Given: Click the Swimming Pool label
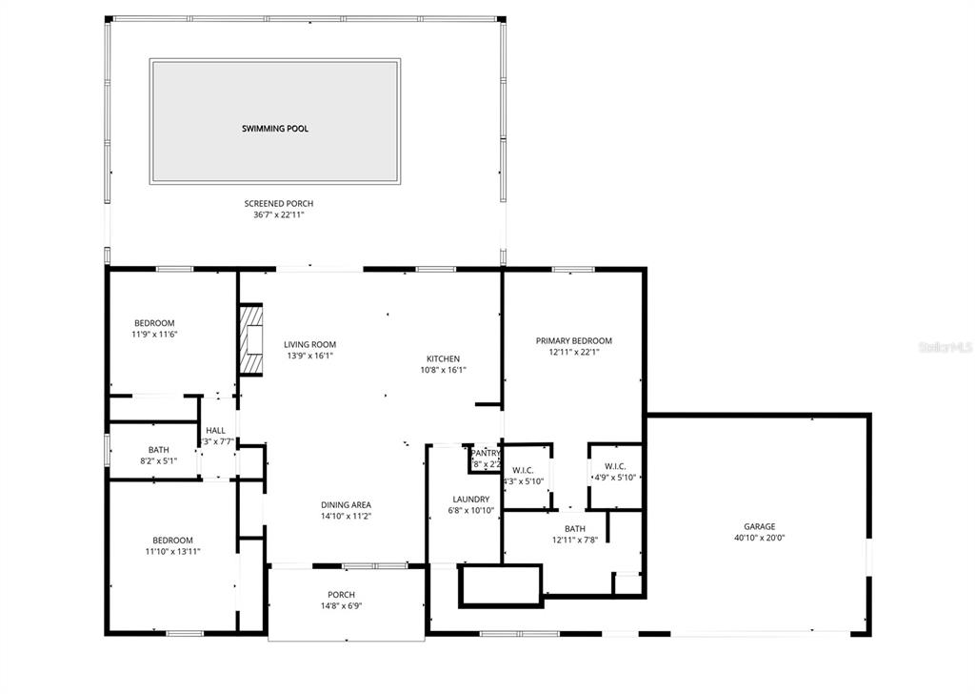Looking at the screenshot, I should point(274,128).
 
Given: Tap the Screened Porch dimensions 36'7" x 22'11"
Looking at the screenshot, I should point(278,215).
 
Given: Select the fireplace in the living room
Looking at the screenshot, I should point(249,340).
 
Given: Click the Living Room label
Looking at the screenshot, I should point(309,345).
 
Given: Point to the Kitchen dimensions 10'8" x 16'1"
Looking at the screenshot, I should point(443,370).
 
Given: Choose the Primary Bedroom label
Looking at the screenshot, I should point(573,340).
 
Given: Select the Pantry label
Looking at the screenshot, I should point(485,454).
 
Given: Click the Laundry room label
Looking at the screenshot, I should point(470,500).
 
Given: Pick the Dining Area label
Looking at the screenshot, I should point(347,504).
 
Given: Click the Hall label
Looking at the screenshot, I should point(216,431).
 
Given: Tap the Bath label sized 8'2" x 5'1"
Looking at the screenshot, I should point(158,450).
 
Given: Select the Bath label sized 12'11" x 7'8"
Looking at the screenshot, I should point(574,528).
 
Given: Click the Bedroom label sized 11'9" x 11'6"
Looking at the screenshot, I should point(153,323).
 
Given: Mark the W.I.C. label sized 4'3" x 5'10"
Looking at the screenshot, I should point(523,470).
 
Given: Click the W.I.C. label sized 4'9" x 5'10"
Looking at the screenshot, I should point(614,466).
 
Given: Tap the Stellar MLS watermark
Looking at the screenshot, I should point(945,348).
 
